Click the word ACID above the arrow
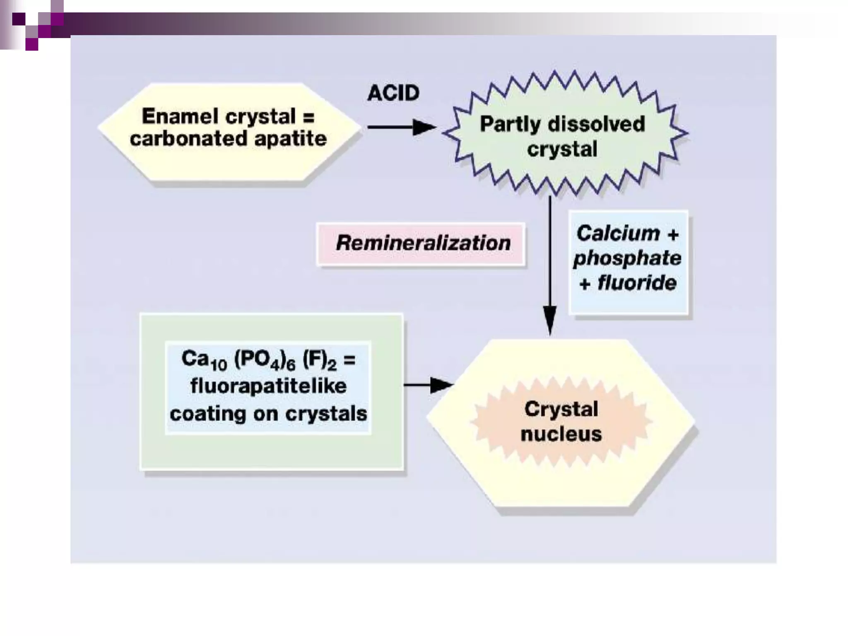393,93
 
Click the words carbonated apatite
228,139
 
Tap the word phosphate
627,258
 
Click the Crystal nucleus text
561,422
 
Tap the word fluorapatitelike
268,386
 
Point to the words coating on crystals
268,414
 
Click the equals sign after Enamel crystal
308,117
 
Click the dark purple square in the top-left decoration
19,19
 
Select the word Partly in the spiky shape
508,124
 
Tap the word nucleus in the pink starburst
561,434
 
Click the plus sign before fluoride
584,284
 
